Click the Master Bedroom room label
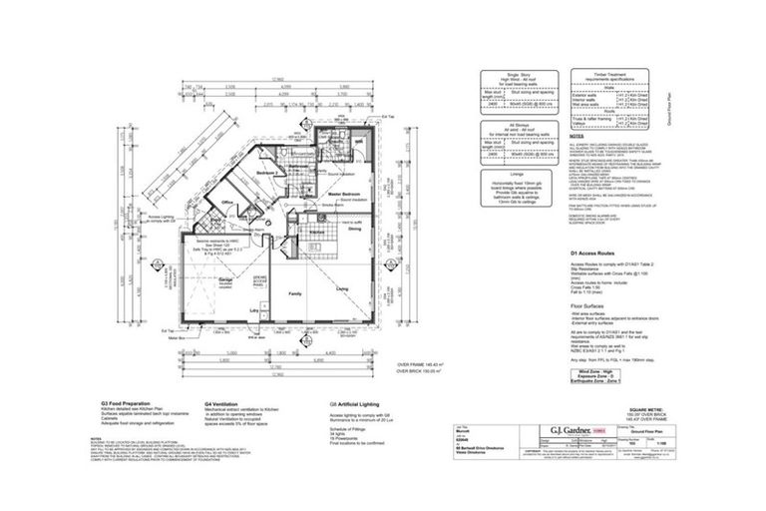click(344, 193)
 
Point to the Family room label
click(296, 294)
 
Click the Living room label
click(341, 288)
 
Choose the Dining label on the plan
click(354, 229)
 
